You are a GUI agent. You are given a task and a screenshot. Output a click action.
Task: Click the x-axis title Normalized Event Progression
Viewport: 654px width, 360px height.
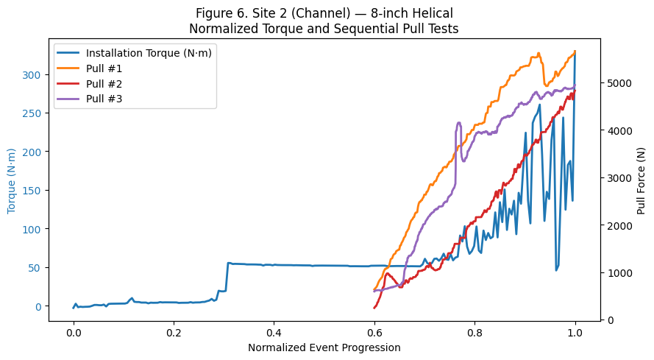[324, 347]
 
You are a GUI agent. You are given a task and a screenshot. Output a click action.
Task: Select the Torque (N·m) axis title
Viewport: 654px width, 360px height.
[13, 177]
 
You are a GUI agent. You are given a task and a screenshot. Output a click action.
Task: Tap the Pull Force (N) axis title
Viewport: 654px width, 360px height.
[641, 177]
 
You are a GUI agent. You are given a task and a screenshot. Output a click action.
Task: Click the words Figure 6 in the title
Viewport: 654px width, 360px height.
[221, 13]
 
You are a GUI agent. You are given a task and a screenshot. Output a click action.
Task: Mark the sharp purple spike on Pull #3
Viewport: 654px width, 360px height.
[459, 124]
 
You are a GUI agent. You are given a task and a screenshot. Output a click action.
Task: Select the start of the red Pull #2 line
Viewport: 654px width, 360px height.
[374, 308]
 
